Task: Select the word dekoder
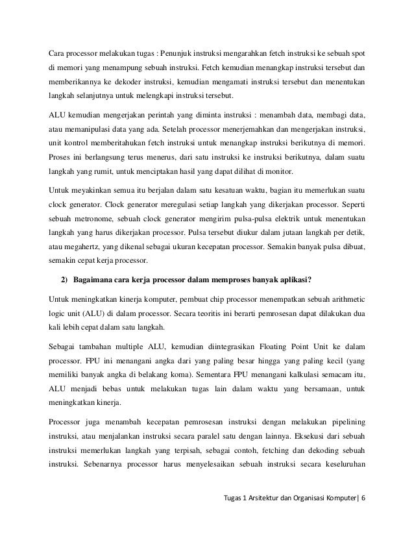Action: tap(152, 84)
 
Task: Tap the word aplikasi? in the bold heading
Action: tap(291, 281)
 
